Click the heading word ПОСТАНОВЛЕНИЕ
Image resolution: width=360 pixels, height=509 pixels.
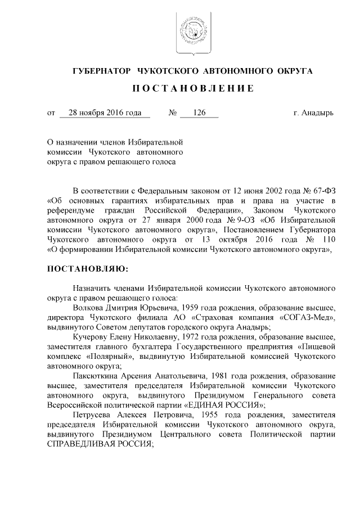click(x=193, y=89)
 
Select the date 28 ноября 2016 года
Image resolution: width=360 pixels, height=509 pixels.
click(x=105, y=113)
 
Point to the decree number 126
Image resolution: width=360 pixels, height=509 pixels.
click(x=199, y=113)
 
